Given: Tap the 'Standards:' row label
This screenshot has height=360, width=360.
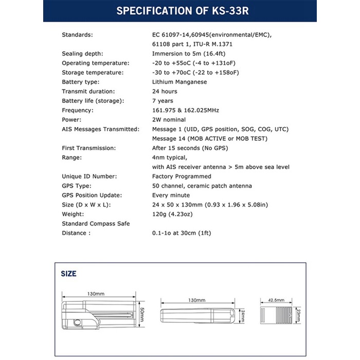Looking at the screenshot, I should tap(77, 34).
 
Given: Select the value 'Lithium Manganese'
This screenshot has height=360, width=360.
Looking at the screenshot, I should tap(179, 82).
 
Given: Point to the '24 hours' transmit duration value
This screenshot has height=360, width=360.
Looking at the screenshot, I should tap(165, 91).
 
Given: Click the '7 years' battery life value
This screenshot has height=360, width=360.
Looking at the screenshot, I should tap(163, 101).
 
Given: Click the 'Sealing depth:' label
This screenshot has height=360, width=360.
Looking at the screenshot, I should tap(83, 53).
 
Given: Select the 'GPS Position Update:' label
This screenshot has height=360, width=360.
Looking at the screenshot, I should tap(92, 195).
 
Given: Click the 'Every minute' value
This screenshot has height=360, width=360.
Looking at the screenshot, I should tap(171, 195).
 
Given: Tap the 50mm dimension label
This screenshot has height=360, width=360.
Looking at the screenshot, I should tap(141, 313).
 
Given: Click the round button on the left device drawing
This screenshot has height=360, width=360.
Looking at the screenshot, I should tap(78, 322).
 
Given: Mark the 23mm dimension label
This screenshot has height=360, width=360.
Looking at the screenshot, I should tap(298, 313).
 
